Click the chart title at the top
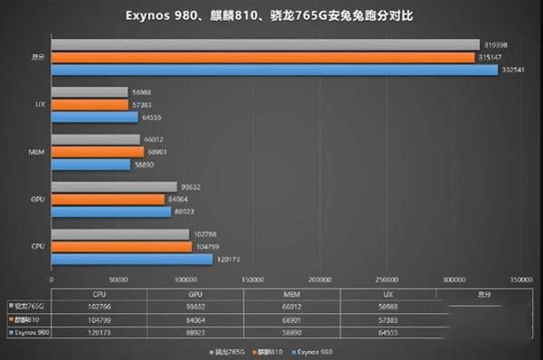271,15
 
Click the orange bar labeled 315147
262,57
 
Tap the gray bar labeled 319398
265,44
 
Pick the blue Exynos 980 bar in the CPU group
132,259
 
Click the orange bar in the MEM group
97,151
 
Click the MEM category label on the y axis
35,151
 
